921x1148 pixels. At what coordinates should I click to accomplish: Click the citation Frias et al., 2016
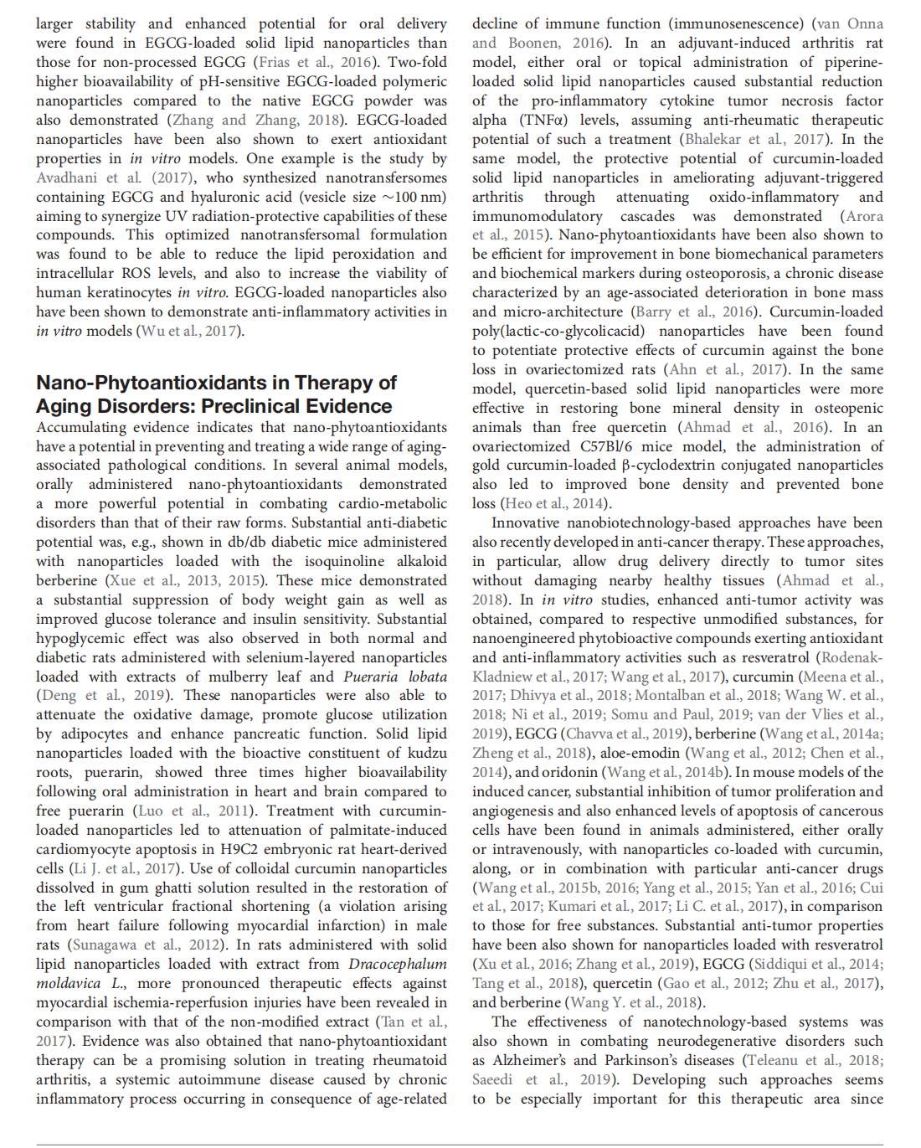click(313, 62)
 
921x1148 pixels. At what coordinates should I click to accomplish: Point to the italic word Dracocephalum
click(398, 964)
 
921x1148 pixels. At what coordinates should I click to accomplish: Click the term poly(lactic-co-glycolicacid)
click(570, 331)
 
